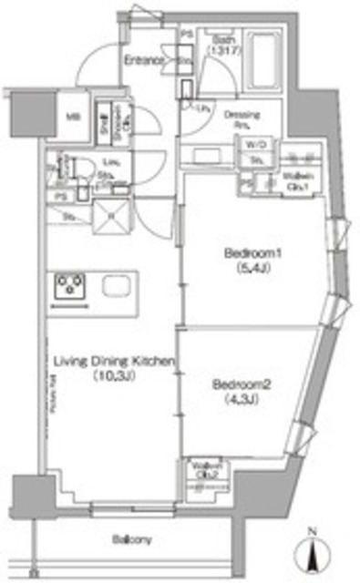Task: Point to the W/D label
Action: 252,144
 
